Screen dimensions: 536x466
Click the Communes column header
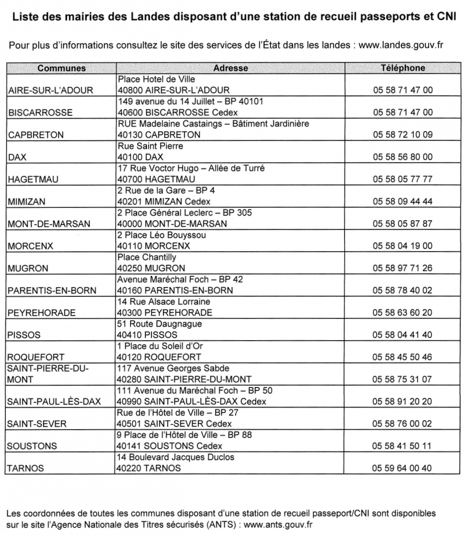pos(61,68)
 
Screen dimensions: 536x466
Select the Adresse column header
pos(230,68)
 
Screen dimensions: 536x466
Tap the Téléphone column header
pos(403,68)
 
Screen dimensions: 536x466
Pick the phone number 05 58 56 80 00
pos(403,157)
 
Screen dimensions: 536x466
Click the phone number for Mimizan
pos(403,201)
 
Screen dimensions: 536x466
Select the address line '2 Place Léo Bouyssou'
pos(161,235)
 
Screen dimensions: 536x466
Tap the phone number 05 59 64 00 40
pos(403,469)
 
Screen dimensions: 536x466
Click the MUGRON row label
pos(27,268)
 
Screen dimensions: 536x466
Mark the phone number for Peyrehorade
pos(403,313)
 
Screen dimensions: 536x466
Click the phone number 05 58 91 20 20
pos(403,402)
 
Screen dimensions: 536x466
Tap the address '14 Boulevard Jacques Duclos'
pos(176,457)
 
